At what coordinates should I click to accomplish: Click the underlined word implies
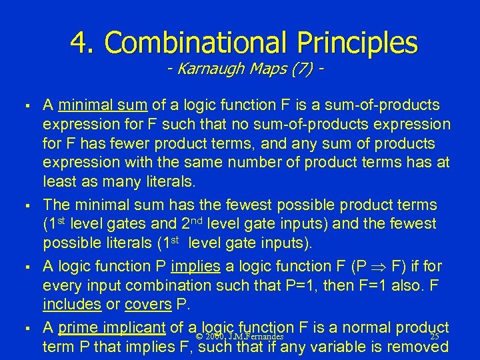click(x=195, y=267)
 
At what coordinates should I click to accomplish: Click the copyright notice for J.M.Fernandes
click(x=241, y=337)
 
